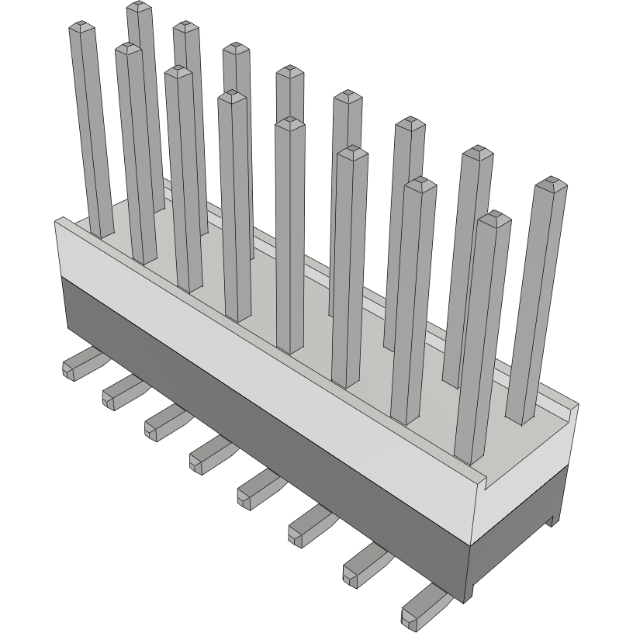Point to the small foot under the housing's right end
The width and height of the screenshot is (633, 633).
(552, 520)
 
